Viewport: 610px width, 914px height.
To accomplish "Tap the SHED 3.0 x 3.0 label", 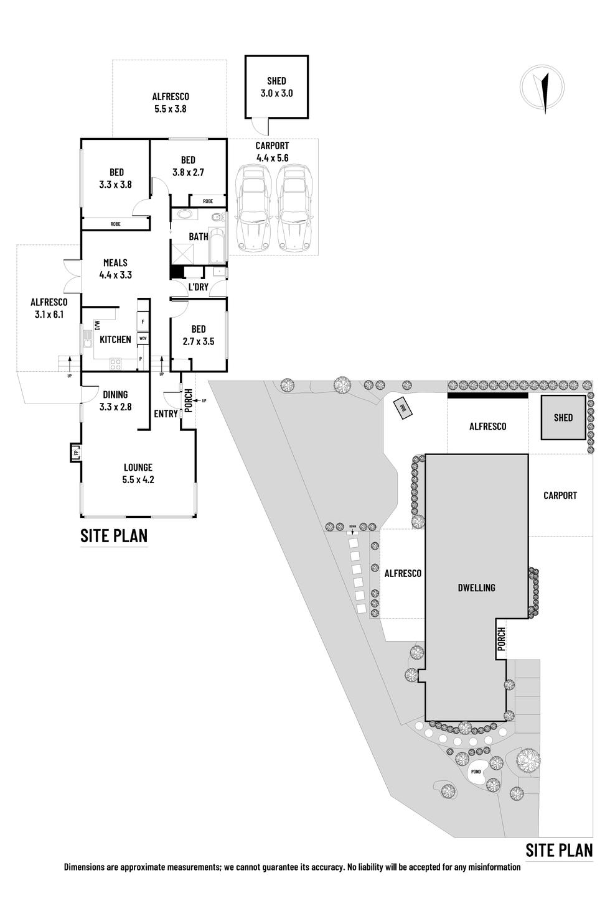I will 276,87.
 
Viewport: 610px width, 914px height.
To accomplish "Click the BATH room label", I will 199,236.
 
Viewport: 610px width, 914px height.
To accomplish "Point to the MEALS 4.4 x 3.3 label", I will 115,268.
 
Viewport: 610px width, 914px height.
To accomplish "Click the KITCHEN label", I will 115,339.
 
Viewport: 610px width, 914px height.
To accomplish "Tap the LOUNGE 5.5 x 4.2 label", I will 138,473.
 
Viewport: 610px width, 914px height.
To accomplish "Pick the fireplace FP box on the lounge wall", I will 76,453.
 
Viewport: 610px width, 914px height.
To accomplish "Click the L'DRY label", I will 198,287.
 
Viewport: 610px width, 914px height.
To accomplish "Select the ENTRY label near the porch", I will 166,413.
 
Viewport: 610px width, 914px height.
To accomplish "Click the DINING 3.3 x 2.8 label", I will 115,400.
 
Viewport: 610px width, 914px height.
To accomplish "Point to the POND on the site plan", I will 476,772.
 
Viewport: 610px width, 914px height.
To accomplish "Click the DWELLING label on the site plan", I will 476,587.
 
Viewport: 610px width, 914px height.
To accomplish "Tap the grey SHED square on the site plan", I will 563,417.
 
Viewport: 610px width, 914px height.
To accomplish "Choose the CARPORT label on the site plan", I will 560,496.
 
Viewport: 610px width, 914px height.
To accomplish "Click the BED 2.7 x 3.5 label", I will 199,335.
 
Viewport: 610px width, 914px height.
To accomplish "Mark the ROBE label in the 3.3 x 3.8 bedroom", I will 115,224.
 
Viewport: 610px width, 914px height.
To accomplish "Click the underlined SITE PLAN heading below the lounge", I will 114,535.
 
